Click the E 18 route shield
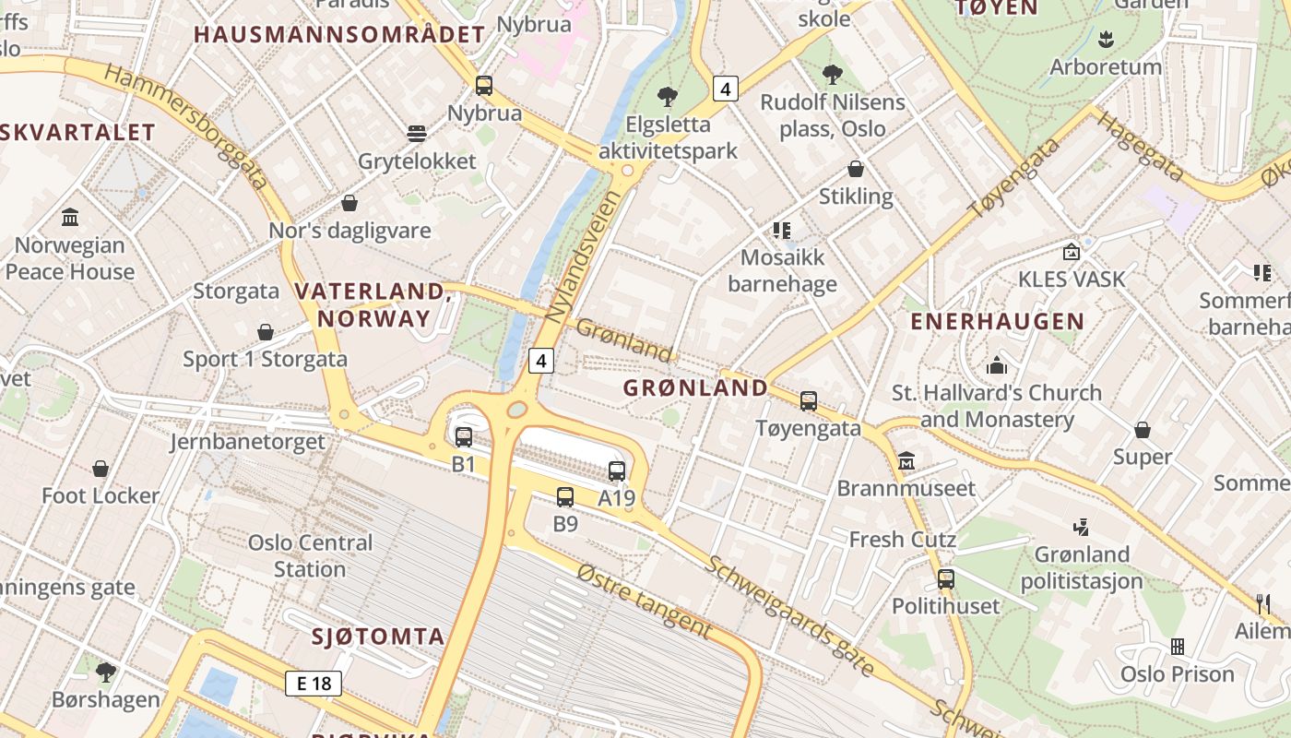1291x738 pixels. coord(314,684)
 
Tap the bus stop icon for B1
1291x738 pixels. coord(464,436)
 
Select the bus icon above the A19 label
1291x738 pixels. coord(617,470)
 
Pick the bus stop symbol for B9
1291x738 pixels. coord(565,497)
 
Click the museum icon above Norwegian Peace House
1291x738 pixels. coord(70,218)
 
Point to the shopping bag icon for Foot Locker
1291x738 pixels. coord(101,469)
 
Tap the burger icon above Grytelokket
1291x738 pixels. coord(417,134)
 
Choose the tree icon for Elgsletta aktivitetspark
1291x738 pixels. coord(668,97)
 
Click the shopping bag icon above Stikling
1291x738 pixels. coord(856,169)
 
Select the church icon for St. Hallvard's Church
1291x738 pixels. coord(997,365)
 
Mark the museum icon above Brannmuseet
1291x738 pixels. coord(906,460)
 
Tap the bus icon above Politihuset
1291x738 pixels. coord(946,579)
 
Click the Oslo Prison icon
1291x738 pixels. coord(1178,647)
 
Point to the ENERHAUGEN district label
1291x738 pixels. coord(997,321)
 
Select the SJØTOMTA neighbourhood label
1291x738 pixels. coord(378,636)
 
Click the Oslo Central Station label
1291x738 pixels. coord(310,555)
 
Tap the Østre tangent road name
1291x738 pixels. coord(645,601)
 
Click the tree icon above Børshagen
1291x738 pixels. coord(106,672)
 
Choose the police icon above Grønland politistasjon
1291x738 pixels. coord(1081,528)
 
